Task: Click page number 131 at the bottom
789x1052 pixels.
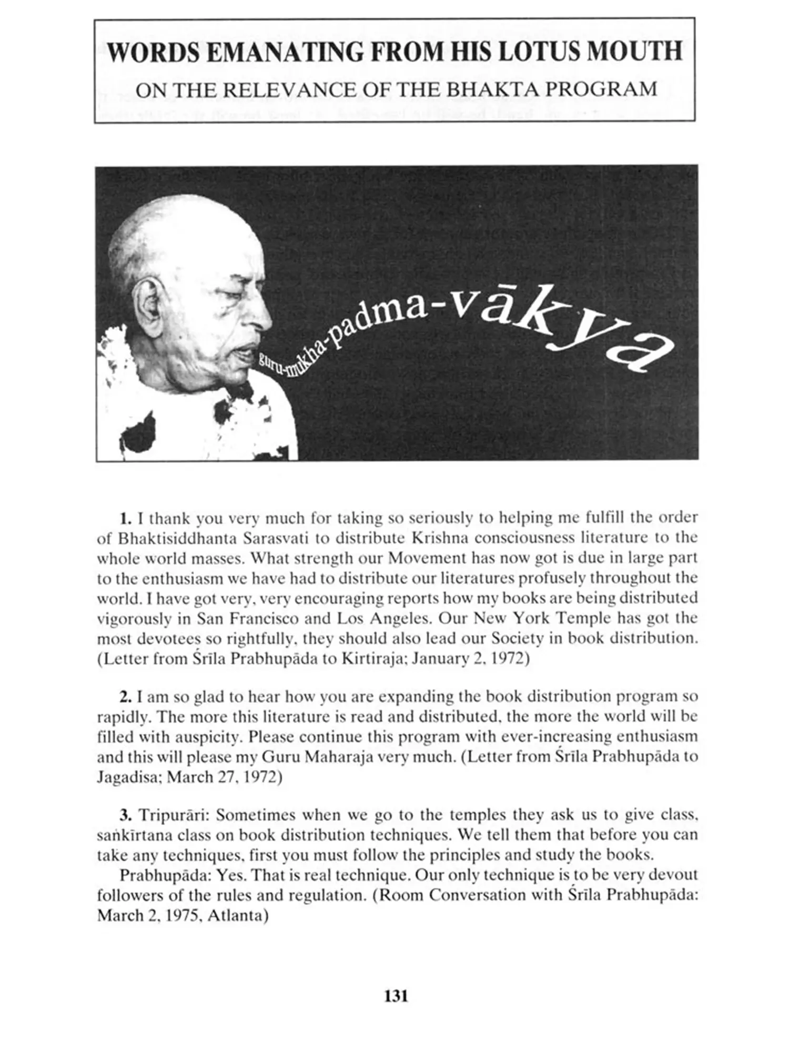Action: point(396,996)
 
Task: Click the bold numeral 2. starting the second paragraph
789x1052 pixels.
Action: point(125,697)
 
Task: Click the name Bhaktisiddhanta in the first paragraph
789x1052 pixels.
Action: point(174,539)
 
